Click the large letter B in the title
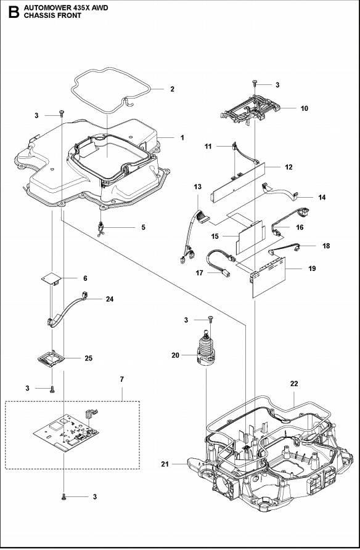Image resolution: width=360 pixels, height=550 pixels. (x=10, y=13)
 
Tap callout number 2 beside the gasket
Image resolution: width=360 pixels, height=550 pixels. (x=172, y=89)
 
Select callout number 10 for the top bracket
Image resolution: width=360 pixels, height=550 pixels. (x=304, y=108)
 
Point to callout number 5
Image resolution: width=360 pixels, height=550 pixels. (x=143, y=227)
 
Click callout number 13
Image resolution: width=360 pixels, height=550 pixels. (x=197, y=187)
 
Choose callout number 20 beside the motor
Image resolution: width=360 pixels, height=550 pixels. (x=176, y=355)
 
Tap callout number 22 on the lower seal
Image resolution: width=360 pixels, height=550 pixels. (x=294, y=384)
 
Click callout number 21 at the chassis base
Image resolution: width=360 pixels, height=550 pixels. (x=165, y=464)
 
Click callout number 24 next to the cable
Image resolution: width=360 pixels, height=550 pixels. (x=110, y=299)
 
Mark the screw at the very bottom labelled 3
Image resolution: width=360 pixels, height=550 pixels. (x=65, y=495)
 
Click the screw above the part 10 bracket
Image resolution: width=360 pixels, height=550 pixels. (x=254, y=83)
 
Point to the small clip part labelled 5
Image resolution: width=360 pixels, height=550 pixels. (x=102, y=228)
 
